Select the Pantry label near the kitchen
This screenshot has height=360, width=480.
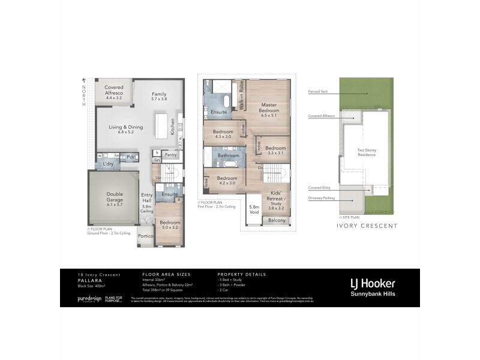(x=170, y=154)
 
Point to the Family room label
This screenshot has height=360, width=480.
(x=159, y=97)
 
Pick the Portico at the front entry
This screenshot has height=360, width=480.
(x=146, y=236)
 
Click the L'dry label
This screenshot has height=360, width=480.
(x=109, y=164)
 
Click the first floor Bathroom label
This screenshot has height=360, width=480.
(x=229, y=155)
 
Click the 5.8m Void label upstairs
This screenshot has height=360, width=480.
(x=254, y=209)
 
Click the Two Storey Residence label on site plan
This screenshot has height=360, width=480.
(x=367, y=152)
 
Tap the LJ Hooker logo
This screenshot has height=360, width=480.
(x=372, y=283)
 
